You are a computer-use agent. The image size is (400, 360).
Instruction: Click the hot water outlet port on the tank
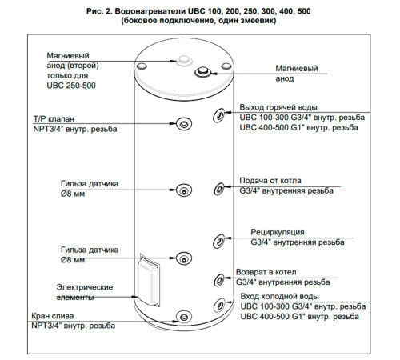pyautogui.click(x=219, y=115)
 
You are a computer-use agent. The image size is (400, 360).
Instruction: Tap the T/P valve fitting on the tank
pyautogui.click(x=184, y=124)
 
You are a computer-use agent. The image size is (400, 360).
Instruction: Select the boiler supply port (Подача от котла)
pyautogui.click(x=219, y=189)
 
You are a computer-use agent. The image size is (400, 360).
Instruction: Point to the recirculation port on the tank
pyautogui.click(x=219, y=241)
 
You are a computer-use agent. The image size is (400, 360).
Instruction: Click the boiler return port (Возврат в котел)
pyautogui.click(x=219, y=280)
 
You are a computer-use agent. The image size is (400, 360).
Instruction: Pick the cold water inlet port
pyautogui.click(x=220, y=304)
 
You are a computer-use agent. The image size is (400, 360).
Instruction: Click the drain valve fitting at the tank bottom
pyautogui.click(x=184, y=317)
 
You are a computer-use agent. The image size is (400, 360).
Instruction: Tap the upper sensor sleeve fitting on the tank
pyautogui.click(x=184, y=190)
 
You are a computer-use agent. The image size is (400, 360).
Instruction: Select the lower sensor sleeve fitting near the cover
pyautogui.click(x=184, y=258)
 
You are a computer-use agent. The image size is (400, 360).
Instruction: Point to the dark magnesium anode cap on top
pyautogui.click(x=202, y=72)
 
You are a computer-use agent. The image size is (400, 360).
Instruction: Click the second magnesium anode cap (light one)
pyautogui.click(x=184, y=60)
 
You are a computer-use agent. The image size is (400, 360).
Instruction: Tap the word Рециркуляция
pyautogui.click(x=278, y=232)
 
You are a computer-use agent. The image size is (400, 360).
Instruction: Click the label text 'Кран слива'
pyautogui.click(x=53, y=316)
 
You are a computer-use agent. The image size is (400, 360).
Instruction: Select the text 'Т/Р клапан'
pyautogui.click(x=54, y=119)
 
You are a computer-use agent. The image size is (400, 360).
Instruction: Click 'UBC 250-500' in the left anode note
pyautogui.click(x=71, y=86)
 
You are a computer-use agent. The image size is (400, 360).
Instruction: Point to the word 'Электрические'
pyautogui.click(x=85, y=287)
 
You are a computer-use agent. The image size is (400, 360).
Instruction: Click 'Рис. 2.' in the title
pyautogui.click(x=98, y=11)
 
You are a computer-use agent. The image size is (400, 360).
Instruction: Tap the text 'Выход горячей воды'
pyautogui.click(x=278, y=107)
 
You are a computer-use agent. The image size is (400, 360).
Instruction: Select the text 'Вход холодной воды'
pyautogui.click(x=280, y=296)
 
